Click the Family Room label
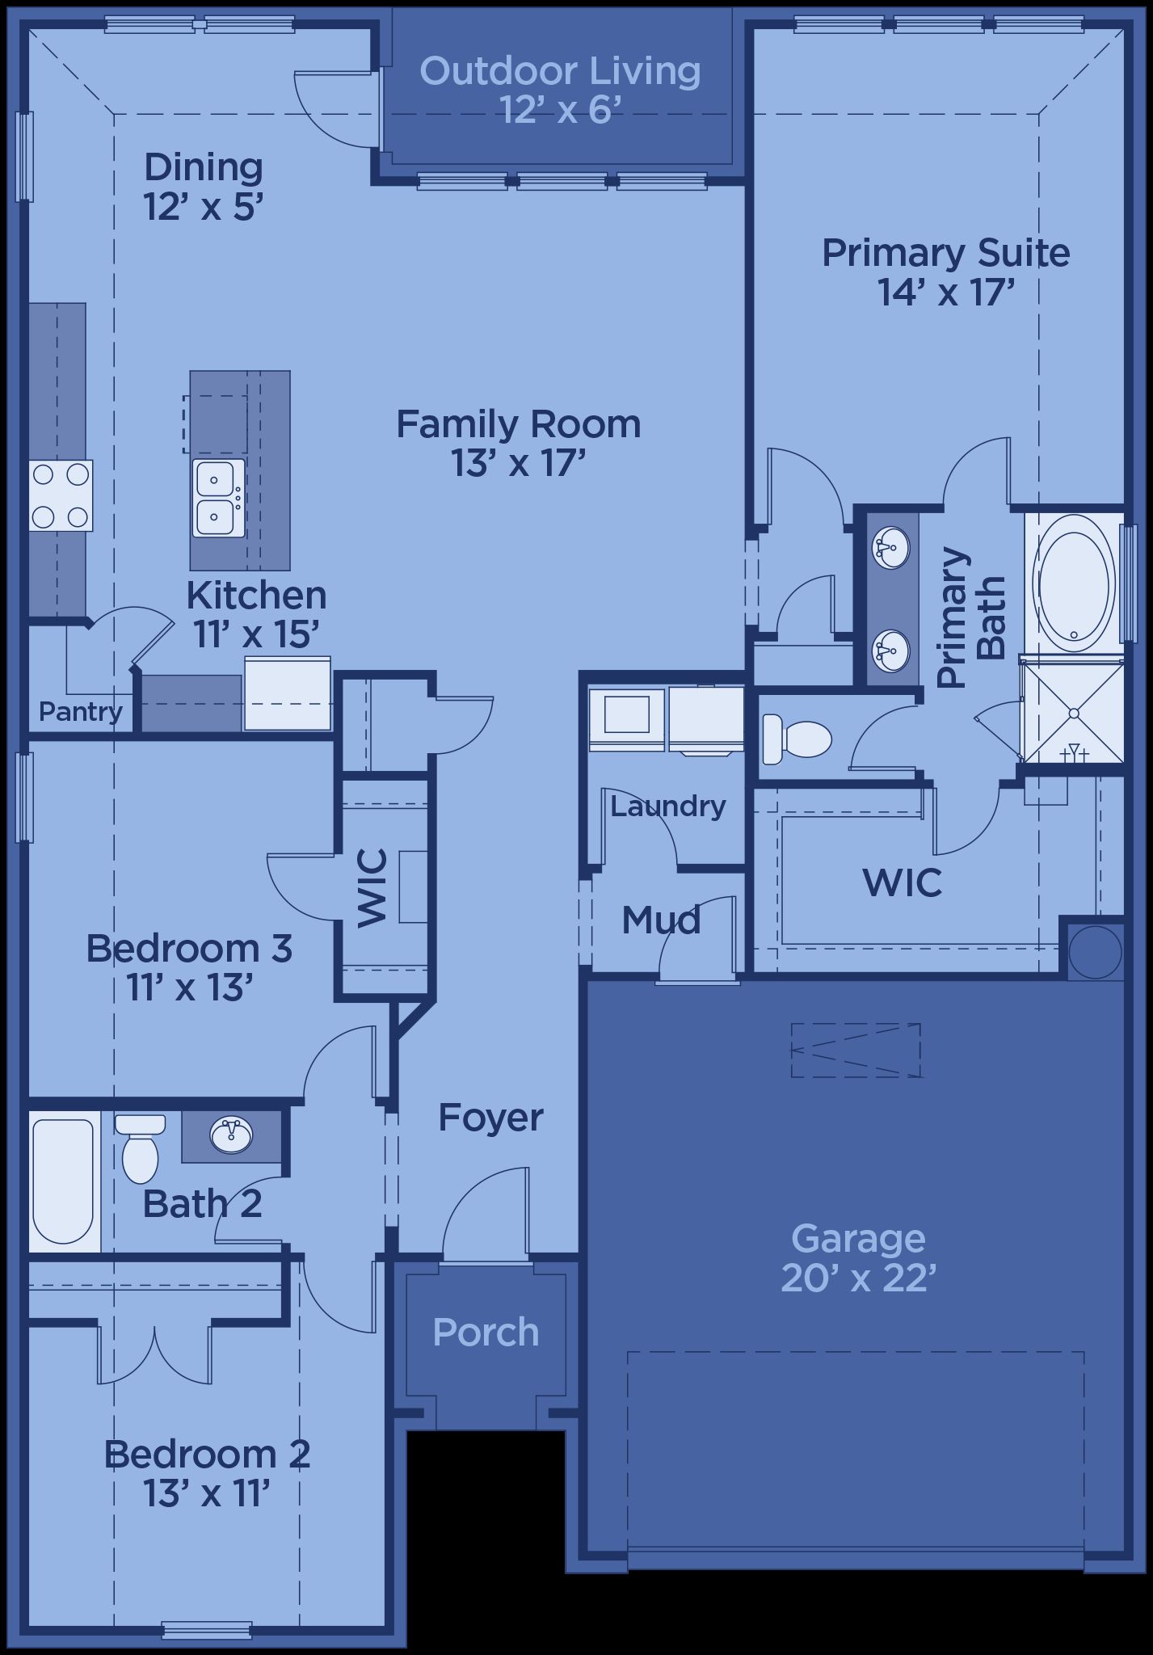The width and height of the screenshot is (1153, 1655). pos(518,424)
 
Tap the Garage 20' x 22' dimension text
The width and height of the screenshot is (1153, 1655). pos(858,1278)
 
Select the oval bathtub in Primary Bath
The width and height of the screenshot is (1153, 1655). pos(1072,584)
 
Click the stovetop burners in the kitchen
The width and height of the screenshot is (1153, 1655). pos(61,495)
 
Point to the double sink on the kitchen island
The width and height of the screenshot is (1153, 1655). pos(218,498)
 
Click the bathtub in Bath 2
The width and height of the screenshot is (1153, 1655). pos(63,1181)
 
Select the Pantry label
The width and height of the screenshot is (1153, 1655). pos(81,712)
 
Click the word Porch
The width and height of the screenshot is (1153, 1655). pos(486,1333)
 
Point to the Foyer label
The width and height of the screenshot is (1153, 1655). pos(490,1118)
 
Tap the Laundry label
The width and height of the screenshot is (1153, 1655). pos(668,806)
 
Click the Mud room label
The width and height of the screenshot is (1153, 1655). pos(661,920)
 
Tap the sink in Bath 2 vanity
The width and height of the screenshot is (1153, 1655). pos(232,1135)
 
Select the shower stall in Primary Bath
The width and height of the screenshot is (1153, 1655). pos(1073,712)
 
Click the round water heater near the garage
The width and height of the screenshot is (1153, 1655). pos(1095,952)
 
